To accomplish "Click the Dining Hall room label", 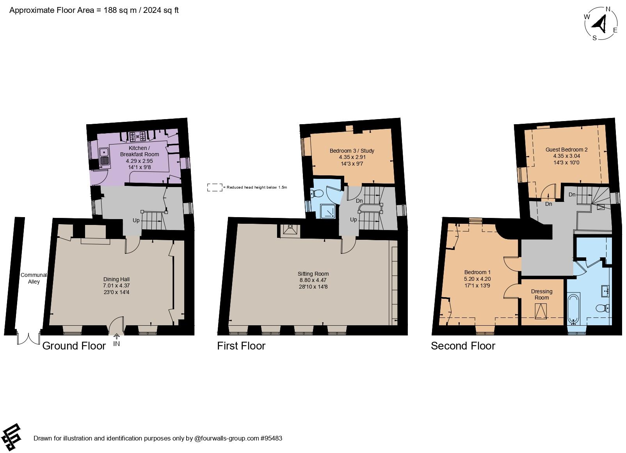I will (x=116, y=279).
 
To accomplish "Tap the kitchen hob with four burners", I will (x=137, y=136).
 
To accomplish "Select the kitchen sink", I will (x=104, y=156).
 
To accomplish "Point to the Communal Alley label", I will (x=34, y=278).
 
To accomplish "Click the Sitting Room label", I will (x=313, y=274).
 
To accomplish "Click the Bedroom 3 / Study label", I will (x=352, y=151).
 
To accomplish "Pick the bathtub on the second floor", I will (x=573, y=309).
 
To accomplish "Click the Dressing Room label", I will (x=542, y=294).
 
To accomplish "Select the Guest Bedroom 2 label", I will (x=566, y=150).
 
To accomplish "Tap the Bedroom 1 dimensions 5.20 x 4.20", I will (x=477, y=279).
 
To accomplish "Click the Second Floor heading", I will (x=463, y=346).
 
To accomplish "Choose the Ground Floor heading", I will (x=74, y=346).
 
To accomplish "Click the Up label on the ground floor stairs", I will (x=136, y=220).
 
